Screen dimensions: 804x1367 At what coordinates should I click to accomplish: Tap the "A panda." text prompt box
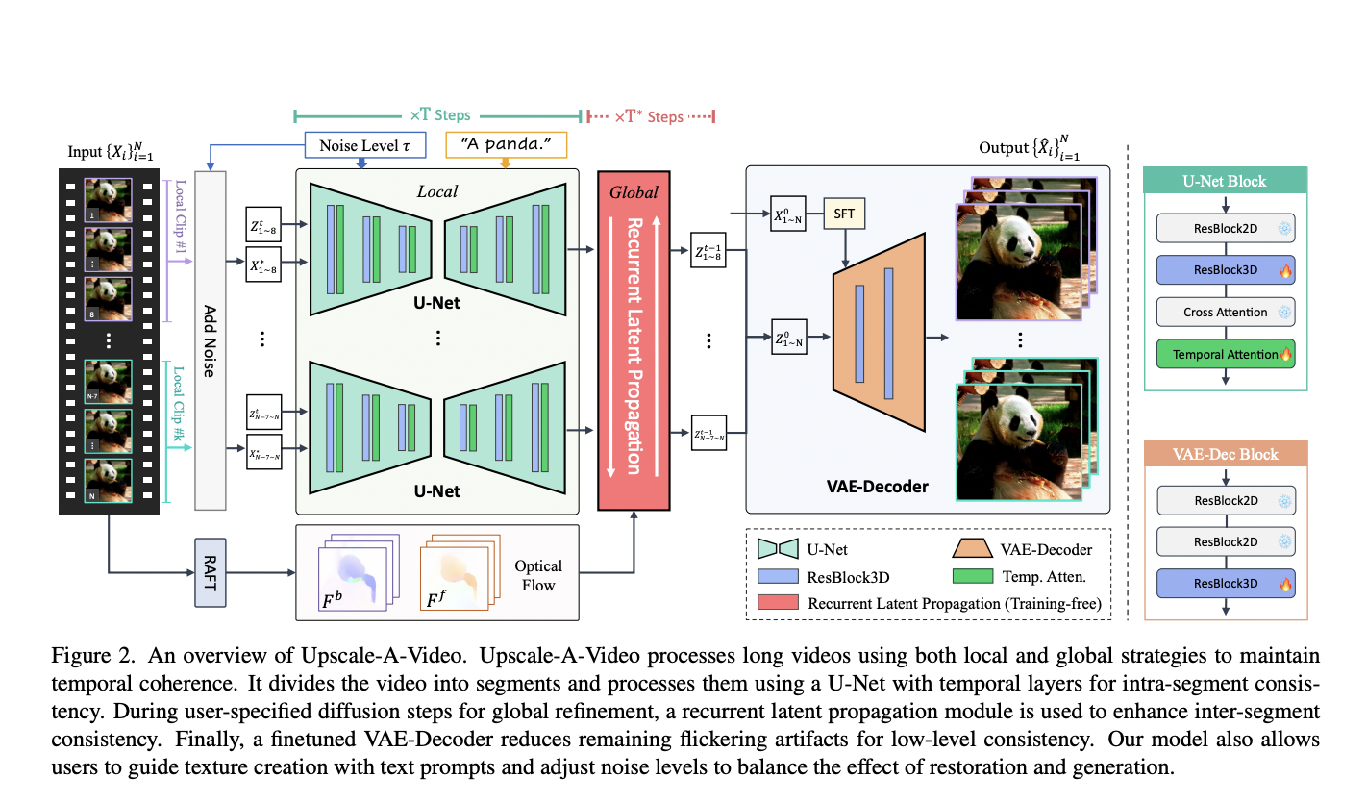tap(507, 145)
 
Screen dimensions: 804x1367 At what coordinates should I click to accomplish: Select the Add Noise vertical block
tap(210, 340)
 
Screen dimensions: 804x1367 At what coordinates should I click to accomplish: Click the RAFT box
tap(210, 572)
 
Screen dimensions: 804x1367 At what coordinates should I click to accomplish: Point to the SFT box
tap(844, 214)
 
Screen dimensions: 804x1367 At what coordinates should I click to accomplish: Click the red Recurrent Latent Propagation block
tap(634, 340)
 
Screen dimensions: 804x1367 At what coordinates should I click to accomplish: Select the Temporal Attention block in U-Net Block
tap(1226, 354)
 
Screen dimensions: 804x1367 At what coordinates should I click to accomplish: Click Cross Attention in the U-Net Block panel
tap(1226, 313)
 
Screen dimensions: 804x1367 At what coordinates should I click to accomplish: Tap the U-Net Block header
tap(1226, 181)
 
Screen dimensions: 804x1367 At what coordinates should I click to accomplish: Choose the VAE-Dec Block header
tap(1226, 454)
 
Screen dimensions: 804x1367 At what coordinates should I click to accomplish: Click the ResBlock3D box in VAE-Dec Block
tap(1226, 583)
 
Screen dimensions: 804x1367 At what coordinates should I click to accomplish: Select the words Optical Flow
tap(538, 576)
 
